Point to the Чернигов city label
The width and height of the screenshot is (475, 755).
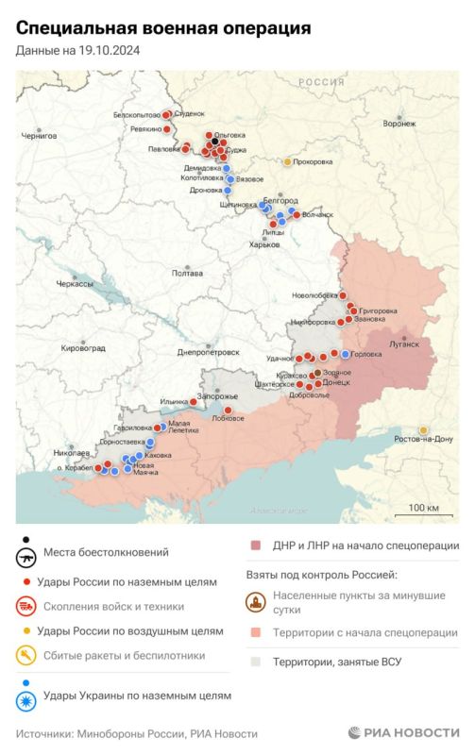39,136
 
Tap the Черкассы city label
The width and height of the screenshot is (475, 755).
75,284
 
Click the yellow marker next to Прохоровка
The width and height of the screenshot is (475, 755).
288,161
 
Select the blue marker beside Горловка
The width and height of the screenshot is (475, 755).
346,354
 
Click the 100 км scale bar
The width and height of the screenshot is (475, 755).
424,513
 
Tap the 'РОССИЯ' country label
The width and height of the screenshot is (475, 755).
321,83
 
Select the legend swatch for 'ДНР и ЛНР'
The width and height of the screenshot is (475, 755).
255,545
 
